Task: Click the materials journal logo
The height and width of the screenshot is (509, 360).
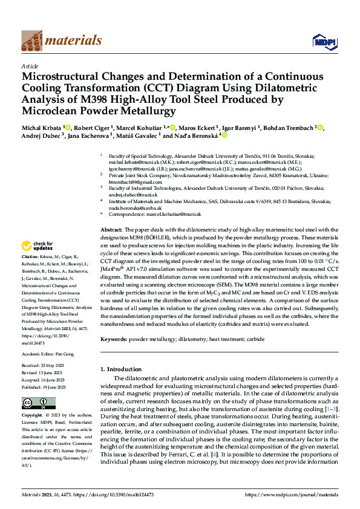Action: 61,41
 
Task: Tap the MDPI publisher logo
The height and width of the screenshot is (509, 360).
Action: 323,41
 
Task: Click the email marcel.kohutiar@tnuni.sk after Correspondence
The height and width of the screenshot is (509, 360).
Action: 176,215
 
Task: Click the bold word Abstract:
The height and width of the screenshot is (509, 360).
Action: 111,230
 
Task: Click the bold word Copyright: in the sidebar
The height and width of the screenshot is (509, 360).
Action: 33,416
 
